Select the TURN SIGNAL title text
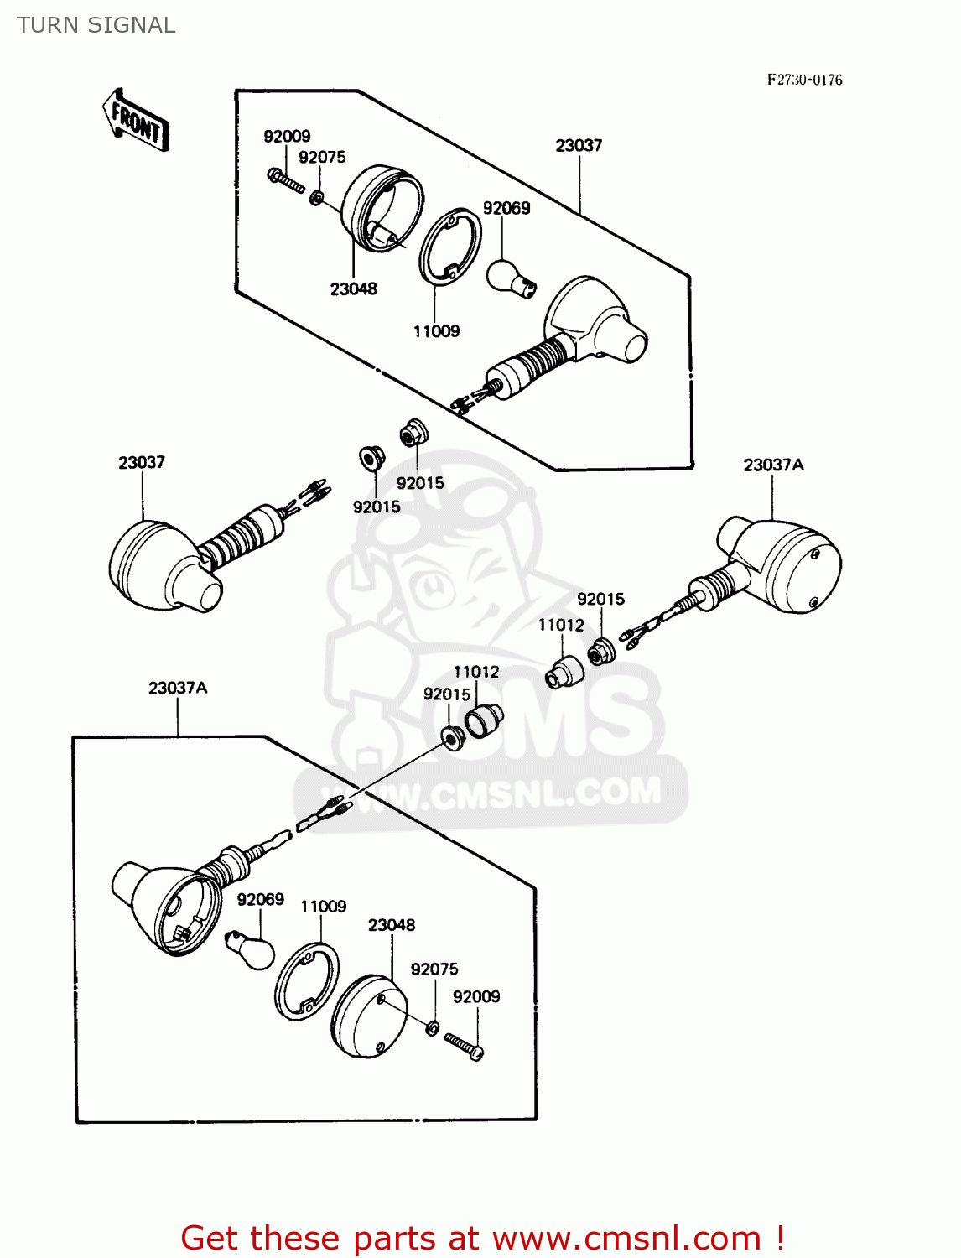coord(96,25)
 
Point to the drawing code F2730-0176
coord(804,80)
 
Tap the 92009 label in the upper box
coord(287,136)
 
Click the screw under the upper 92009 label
coord(285,180)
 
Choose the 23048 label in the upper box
coord(353,289)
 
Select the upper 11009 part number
coord(436,331)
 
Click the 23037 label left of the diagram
coord(142,462)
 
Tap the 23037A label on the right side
coord(773,465)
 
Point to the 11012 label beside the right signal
coord(561,625)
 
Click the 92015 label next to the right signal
coord(601,599)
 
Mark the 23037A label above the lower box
coord(178,688)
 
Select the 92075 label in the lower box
coord(434,969)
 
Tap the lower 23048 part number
coord(392,924)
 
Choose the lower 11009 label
coord(324,906)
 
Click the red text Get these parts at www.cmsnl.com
coord(482,1238)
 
